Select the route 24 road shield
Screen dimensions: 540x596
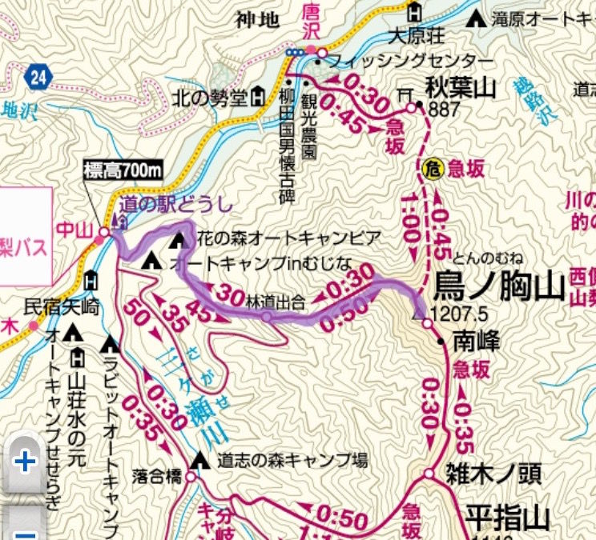[37, 77]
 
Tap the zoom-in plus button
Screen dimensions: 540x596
[25, 462]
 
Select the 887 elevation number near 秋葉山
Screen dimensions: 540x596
[443, 108]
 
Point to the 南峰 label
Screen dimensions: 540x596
[476, 342]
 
